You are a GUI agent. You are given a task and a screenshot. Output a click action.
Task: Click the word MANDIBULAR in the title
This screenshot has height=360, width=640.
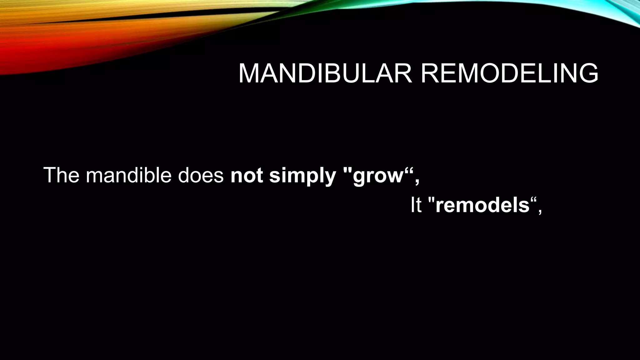tap(325, 74)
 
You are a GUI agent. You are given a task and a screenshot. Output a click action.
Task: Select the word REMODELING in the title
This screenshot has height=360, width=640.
tap(509, 74)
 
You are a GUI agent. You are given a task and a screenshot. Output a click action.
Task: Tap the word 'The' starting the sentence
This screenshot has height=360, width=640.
tap(61, 175)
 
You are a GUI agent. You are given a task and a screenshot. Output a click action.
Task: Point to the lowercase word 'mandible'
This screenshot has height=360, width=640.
tap(128, 175)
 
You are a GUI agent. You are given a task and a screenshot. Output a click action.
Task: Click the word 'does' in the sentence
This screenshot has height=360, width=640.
tap(201, 175)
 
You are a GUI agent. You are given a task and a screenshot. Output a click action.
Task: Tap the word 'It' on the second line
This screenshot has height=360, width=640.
tap(416, 206)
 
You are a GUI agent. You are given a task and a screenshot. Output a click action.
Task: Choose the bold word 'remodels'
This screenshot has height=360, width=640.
tap(482, 206)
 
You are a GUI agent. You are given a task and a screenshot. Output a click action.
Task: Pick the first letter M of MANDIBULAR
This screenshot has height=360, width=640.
tap(248, 74)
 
